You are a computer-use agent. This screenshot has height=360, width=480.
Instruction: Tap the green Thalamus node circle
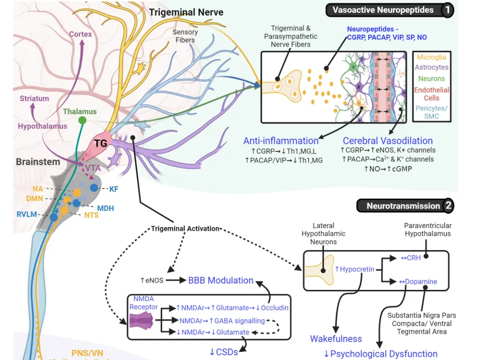click(82, 120)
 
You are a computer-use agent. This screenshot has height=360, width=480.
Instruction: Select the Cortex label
click(80, 34)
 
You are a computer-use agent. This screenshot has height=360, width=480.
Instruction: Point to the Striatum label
click(34, 99)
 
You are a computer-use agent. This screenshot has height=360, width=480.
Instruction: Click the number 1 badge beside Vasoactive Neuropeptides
click(447, 10)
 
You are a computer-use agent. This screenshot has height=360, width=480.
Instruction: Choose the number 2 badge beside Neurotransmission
click(448, 206)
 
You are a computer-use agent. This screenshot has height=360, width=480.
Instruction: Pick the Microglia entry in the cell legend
click(431, 57)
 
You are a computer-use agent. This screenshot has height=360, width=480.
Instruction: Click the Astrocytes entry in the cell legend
click(431, 68)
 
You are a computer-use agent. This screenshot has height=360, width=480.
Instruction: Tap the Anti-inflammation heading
click(281, 140)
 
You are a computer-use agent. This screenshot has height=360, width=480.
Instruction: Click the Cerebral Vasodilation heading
click(388, 140)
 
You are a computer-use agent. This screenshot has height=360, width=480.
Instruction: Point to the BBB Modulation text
click(221, 280)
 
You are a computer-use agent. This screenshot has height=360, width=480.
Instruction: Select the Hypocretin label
click(354, 269)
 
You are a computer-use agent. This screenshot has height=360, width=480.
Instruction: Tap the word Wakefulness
click(336, 339)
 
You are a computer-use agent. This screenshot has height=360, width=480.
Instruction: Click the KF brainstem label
click(114, 189)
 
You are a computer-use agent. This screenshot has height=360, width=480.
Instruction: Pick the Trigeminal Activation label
click(186, 229)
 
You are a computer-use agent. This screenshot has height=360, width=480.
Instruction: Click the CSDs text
click(224, 352)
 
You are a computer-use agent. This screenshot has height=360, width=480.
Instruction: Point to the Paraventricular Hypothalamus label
click(428, 230)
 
